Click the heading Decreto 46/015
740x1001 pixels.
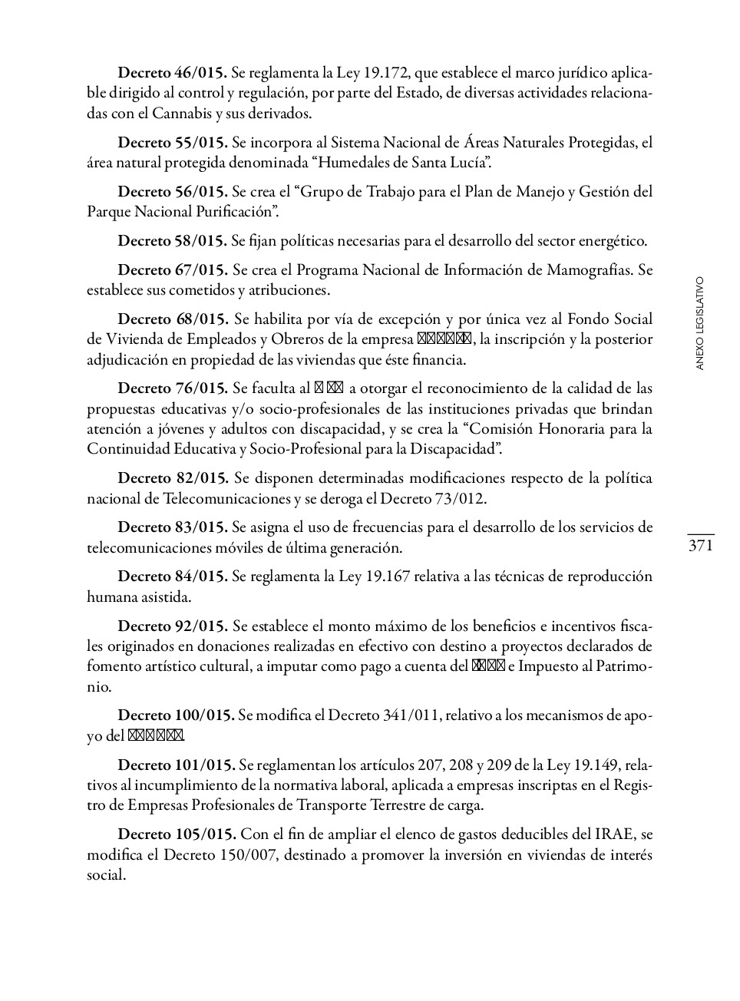tap(173, 74)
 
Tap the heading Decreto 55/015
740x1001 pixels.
tap(173, 143)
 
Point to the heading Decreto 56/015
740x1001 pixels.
tap(173, 192)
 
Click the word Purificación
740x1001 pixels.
tap(235, 212)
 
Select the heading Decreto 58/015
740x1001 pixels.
tap(173, 241)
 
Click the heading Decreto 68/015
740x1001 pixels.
tap(173, 319)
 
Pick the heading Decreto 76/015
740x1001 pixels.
tap(173, 388)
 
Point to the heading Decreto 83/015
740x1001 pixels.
tap(173, 527)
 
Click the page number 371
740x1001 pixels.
tap(701, 546)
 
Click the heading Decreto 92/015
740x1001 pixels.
tap(173, 626)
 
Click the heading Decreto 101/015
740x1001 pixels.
tap(176, 765)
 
